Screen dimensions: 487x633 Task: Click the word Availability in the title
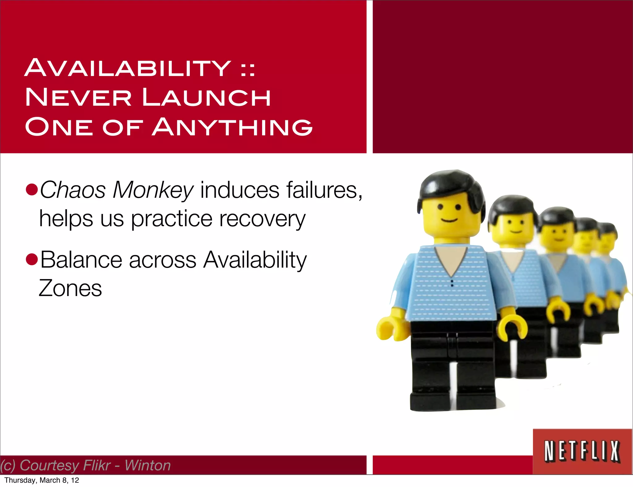point(127,68)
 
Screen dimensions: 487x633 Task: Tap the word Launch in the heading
point(206,97)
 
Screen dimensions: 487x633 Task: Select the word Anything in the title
point(232,127)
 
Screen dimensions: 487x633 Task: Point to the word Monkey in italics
point(153,190)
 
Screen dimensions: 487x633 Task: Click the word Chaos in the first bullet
point(73,190)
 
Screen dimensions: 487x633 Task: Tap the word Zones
point(70,288)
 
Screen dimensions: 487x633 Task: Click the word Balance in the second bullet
point(81,260)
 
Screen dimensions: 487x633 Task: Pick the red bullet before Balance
point(32,260)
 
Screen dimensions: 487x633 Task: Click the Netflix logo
point(582,451)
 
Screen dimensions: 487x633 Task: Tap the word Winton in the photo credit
point(148,465)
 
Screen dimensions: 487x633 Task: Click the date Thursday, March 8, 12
point(42,480)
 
